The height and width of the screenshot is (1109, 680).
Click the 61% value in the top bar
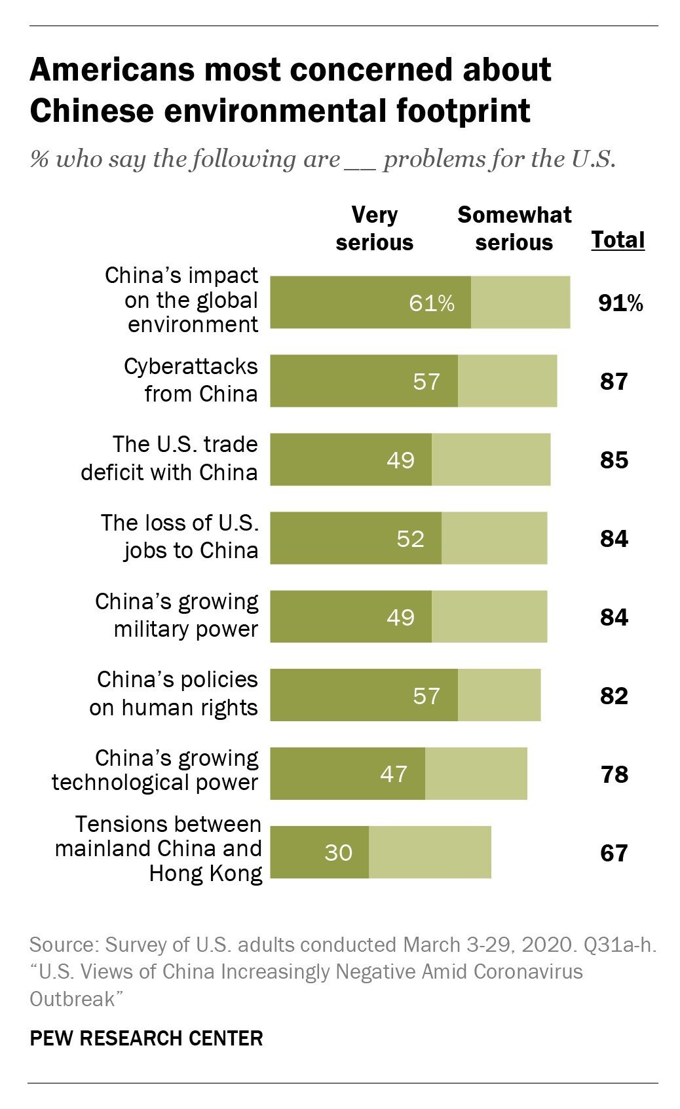point(431,303)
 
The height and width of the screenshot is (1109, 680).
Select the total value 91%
point(620,303)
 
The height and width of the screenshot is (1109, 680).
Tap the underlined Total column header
point(618,240)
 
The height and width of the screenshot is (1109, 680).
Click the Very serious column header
point(374,229)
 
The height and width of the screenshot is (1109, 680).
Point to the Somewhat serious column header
point(514,229)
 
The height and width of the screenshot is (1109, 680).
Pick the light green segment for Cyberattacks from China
point(507,381)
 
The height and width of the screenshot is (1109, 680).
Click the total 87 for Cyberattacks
point(614,381)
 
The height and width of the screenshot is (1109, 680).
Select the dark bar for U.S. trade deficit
point(350,460)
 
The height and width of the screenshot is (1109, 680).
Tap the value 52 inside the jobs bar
point(411,538)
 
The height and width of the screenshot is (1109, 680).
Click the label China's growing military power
point(177,615)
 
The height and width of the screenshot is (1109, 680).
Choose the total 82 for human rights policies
point(614,696)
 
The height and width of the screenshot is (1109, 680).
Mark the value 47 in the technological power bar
point(394,774)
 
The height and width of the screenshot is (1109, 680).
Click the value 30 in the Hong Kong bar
point(338,852)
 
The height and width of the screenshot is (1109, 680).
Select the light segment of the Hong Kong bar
point(430,852)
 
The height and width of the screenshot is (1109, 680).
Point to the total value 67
point(614,853)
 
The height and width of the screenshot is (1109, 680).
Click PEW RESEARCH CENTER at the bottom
point(146,1038)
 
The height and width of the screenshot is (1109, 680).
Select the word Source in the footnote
point(63,945)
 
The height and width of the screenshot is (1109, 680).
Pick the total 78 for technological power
point(614,774)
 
